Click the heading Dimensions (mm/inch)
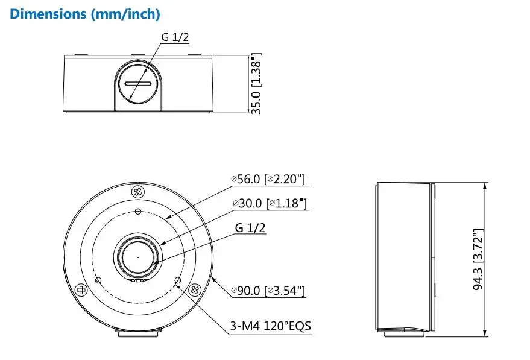point(85,14)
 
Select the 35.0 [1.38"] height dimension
point(256,84)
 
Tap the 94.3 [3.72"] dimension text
point(479,259)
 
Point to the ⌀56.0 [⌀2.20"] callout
point(268,179)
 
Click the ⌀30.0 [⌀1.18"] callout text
point(270,203)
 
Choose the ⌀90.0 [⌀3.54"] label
point(268,291)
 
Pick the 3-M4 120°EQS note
point(270,326)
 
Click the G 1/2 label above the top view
point(175,37)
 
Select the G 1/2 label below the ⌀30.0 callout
point(250,228)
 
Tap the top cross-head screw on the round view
point(137,192)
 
